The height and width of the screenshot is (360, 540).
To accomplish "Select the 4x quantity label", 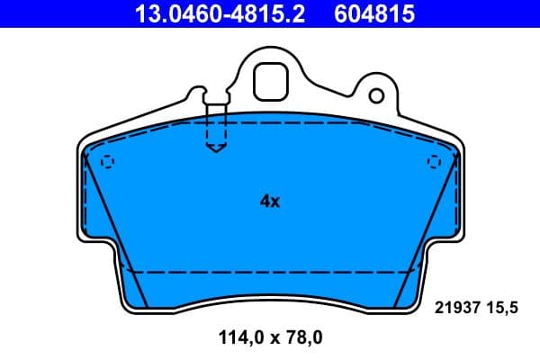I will coord(270,202).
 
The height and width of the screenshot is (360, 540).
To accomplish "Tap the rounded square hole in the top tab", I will coord(269,83).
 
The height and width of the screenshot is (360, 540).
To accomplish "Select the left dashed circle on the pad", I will coord(108,162).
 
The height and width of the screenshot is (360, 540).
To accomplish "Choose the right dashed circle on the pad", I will coord(434,162).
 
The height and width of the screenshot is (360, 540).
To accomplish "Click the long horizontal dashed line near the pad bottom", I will coord(270,272).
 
